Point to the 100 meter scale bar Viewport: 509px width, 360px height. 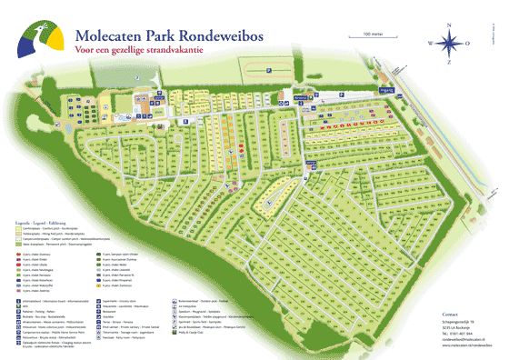(x=372, y=37)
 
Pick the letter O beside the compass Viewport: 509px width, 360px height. (x=470, y=43)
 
